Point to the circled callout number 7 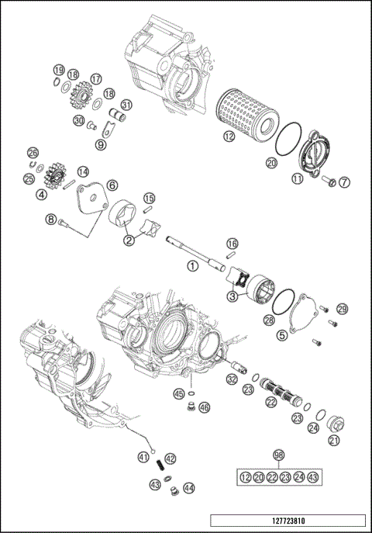[344, 182]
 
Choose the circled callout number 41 [144, 458]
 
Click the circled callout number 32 [232, 379]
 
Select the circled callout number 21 [334, 441]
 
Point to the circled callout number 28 [269, 319]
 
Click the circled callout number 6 [112, 185]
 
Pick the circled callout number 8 [52, 220]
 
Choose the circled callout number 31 [126, 106]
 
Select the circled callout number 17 [96, 79]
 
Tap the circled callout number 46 [204, 407]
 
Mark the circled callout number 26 [33, 152]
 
